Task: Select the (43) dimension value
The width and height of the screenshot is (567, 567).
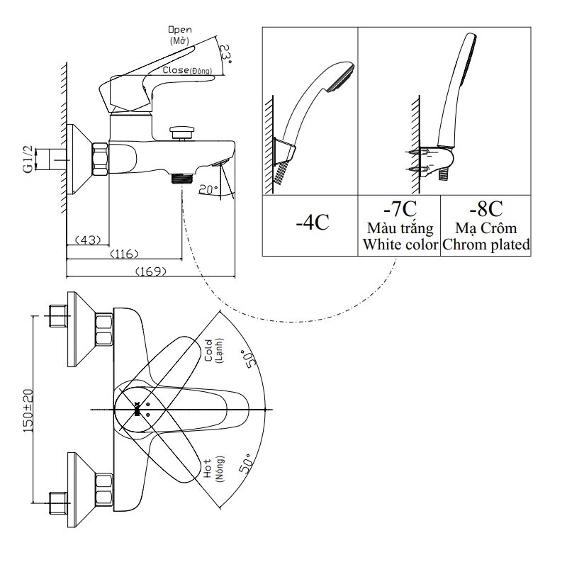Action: [85, 240]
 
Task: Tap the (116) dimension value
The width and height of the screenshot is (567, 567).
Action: [123, 254]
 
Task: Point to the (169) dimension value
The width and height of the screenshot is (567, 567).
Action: [150, 270]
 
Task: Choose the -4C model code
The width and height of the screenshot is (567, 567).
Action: [312, 222]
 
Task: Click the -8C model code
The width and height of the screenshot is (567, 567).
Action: [485, 210]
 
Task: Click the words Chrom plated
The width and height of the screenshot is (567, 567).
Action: [486, 245]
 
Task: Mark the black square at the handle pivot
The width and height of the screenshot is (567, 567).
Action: [137, 409]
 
